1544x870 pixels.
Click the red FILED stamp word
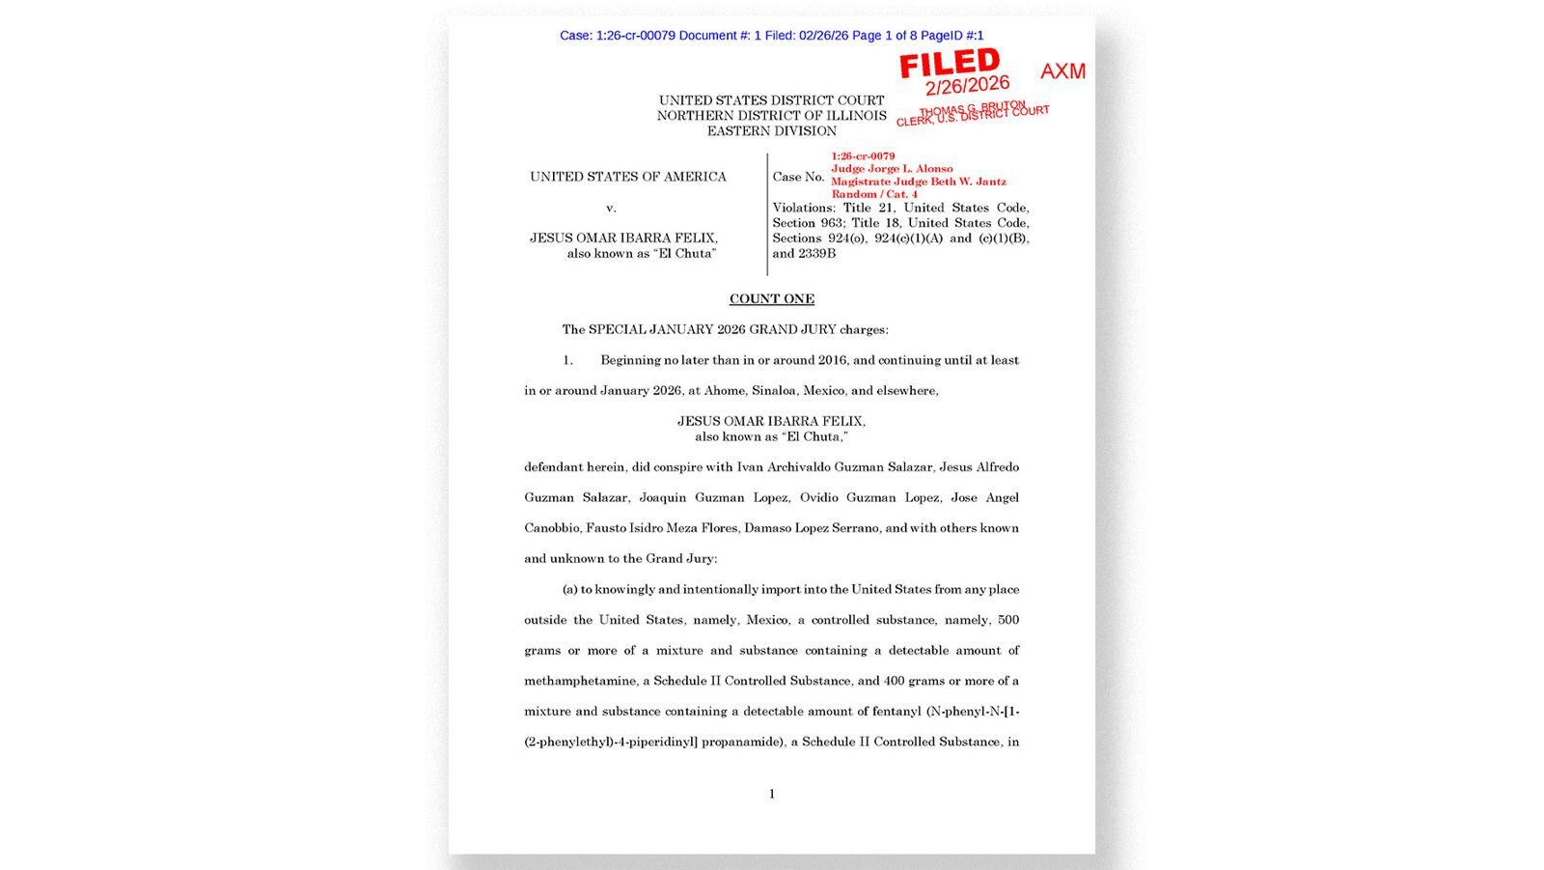(950, 64)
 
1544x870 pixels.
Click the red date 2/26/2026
(967, 86)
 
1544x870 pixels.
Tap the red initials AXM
(1062, 71)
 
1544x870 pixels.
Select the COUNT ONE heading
(771, 299)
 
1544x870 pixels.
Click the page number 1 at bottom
(771, 794)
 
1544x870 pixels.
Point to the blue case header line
(771, 36)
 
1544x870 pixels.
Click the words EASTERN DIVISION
(771, 131)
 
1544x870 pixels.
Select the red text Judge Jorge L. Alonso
(892, 169)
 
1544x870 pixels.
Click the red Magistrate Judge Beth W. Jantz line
(918, 182)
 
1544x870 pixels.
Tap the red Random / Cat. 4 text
(874, 194)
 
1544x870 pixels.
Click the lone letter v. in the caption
(611, 209)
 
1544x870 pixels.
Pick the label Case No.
(798, 178)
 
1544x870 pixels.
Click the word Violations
(804, 208)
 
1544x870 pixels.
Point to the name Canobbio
(553, 528)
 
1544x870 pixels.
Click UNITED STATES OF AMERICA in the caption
(627, 177)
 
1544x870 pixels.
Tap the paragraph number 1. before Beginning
(568, 360)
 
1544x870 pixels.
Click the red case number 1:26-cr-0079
(863, 156)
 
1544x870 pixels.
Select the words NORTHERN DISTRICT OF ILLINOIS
(771, 116)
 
